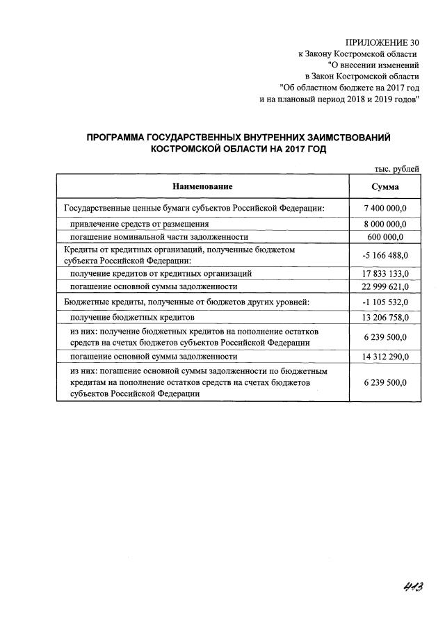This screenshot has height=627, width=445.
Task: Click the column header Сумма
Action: click(x=385, y=186)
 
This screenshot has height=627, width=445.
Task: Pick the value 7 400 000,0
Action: click(x=385, y=208)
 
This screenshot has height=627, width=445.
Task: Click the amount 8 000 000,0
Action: click(x=385, y=225)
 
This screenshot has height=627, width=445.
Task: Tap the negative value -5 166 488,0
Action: click(x=385, y=255)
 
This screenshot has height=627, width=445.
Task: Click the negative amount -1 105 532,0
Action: click(x=385, y=302)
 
